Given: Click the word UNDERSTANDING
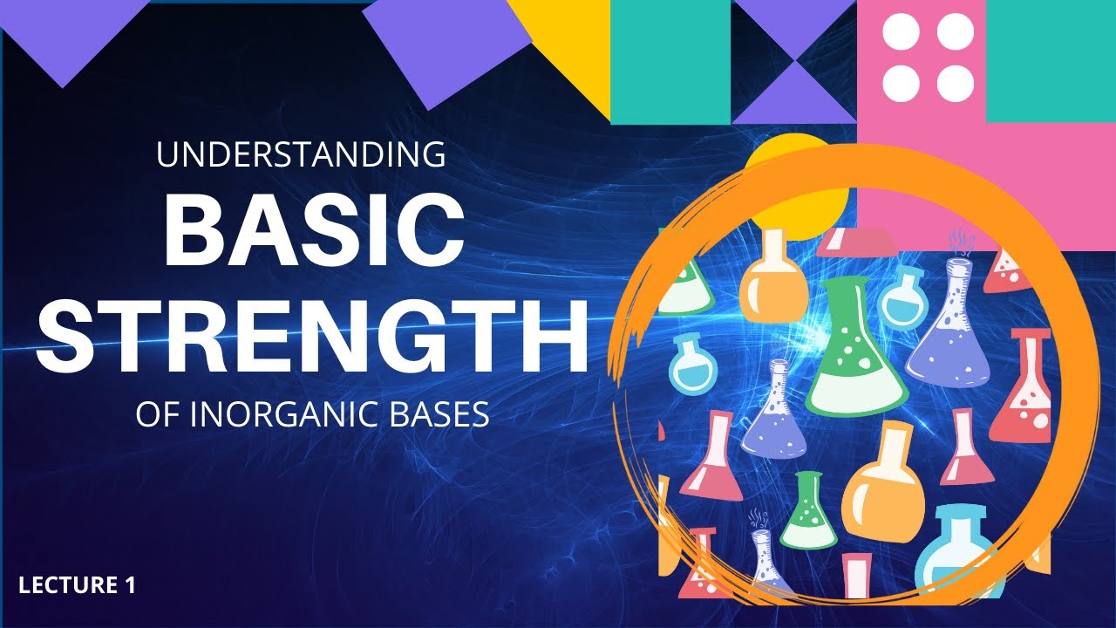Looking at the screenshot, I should click(301, 155).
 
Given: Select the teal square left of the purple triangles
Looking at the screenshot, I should click(670, 61).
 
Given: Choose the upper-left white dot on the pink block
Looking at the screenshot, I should click(899, 33).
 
